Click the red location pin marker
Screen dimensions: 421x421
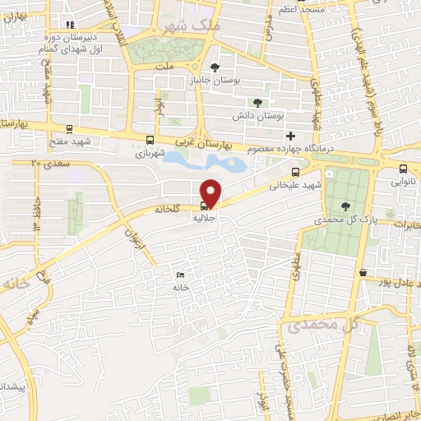pos(211,192)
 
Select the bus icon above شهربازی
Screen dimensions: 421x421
pos(149,140)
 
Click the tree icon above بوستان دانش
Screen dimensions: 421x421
pos(257,103)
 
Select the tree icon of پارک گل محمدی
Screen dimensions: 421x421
pos(343,207)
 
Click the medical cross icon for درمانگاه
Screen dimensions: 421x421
pos(289,135)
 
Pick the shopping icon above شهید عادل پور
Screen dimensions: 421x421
pos(363,271)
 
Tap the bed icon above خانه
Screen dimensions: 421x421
pos(180,275)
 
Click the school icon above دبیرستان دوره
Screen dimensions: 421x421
pos(70,25)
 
